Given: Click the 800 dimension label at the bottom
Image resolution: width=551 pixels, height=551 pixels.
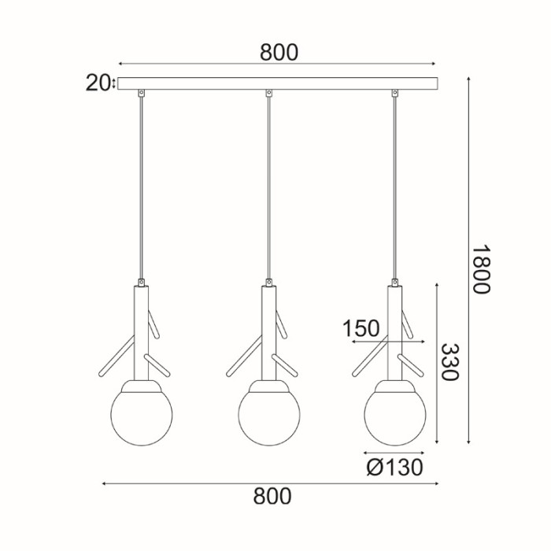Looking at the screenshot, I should point(272,496).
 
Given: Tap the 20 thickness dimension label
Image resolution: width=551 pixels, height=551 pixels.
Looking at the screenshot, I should point(97,83).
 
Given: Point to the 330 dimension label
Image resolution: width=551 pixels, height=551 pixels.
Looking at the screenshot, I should point(449,362).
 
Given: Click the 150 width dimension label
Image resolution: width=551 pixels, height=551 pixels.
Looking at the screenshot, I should point(361,328).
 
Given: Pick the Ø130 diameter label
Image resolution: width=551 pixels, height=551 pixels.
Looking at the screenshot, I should point(394,468).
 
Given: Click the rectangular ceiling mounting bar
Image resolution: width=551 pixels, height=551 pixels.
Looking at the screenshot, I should point(275,83).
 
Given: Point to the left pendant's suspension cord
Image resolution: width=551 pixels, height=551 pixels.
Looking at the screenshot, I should point(141,189).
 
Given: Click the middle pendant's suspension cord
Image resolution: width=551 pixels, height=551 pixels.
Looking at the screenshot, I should point(268,189).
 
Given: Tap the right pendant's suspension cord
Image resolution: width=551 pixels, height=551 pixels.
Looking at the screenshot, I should point(394,189).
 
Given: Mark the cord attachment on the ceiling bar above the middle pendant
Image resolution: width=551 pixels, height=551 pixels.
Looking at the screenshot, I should point(268,94).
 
